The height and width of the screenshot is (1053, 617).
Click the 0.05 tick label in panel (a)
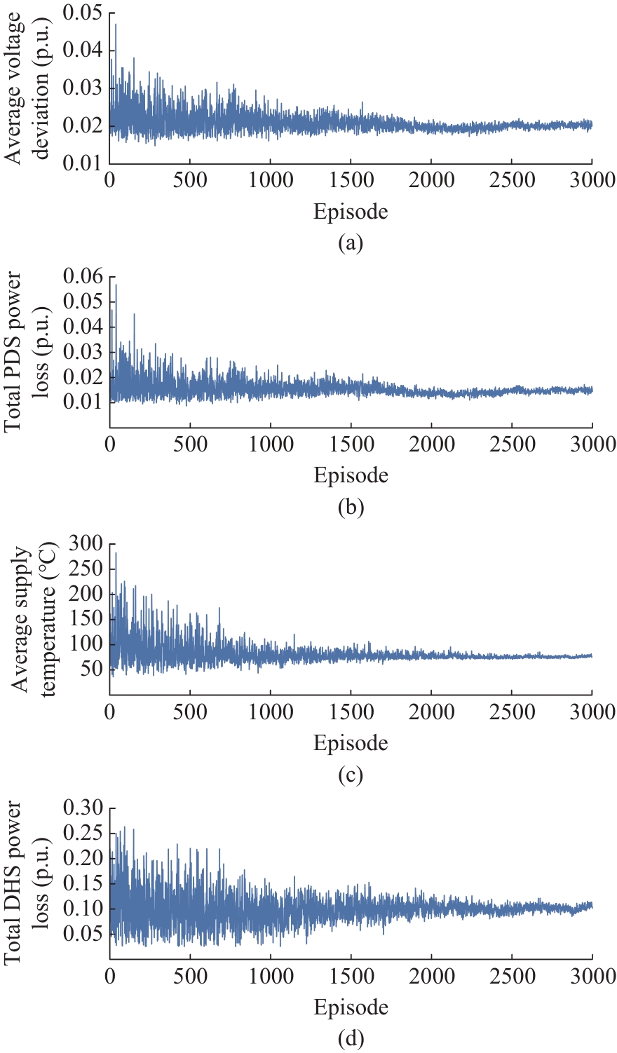pyautogui.click(x=82, y=13)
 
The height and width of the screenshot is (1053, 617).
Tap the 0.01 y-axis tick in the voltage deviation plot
pyautogui.click(x=82, y=163)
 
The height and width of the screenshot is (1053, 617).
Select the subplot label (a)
pyautogui.click(x=350, y=243)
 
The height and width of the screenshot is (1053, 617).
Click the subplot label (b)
pyautogui.click(x=350, y=507)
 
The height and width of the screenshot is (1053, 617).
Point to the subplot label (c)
pyautogui.click(x=350, y=775)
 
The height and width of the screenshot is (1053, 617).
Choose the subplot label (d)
pyautogui.click(x=350, y=1038)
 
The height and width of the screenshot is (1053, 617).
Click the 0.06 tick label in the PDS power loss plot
pyautogui.click(x=82, y=277)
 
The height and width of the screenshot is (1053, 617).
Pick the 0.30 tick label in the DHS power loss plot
pyautogui.click(x=82, y=808)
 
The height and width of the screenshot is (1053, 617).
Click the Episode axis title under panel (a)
pyautogui.click(x=350, y=211)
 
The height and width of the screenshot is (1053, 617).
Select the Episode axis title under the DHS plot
pyautogui.click(x=350, y=1007)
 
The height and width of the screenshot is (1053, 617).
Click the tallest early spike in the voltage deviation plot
pyautogui.click(x=116, y=25)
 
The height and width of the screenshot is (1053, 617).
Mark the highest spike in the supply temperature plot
pyautogui.click(x=116, y=554)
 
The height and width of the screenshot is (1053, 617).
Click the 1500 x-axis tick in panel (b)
pyautogui.click(x=351, y=444)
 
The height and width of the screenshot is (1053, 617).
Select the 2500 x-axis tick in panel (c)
pyautogui.click(x=512, y=712)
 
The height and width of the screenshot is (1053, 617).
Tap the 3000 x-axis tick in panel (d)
pyautogui.click(x=592, y=976)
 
